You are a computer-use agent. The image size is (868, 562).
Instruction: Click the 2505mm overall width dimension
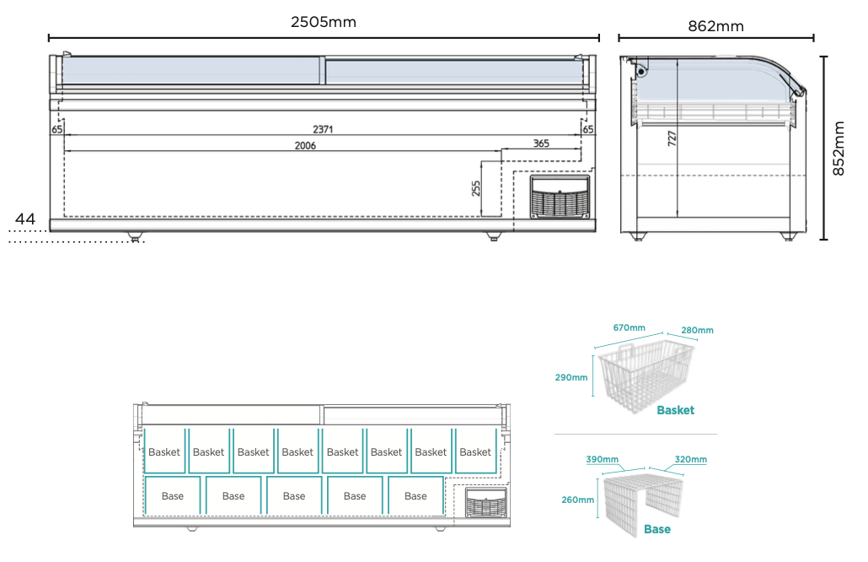pyautogui.click(x=324, y=22)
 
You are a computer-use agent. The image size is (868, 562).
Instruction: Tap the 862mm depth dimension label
pyautogui.click(x=715, y=26)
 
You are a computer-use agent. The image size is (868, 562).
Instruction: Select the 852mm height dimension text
pyautogui.click(x=839, y=149)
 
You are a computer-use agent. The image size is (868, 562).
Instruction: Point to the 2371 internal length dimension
pyautogui.click(x=322, y=129)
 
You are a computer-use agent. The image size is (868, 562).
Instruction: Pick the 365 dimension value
pyautogui.click(x=541, y=143)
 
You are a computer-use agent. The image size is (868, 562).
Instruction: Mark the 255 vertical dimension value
pyautogui.click(x=476, y=188)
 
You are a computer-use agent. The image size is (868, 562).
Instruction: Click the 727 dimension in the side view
pyautogui.click(x=672, y=138)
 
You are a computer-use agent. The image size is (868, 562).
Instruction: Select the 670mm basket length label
pyautogui.click(x=629, y=327)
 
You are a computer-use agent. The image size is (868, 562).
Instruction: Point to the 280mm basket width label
pyautogui.click(x=698, y=330)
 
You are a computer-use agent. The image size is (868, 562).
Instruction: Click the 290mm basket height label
pyautogui.click(x=571, y=377)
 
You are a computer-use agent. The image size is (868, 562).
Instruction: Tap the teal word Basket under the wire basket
pyautogui.click(x=675, y=410)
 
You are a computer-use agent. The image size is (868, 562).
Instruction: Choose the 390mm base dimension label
pyautogui.click(x=602, y=459)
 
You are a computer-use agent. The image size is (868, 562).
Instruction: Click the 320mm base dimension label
pyautogui.click(x=690, y=459)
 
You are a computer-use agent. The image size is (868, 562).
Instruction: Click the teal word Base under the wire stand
pyautogui.click(x=657, y=529)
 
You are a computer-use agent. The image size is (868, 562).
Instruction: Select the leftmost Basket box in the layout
pyautogui.click(x=164, y=451)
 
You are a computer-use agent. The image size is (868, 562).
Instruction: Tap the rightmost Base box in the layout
pyautogui.click(x=415, y=495)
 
